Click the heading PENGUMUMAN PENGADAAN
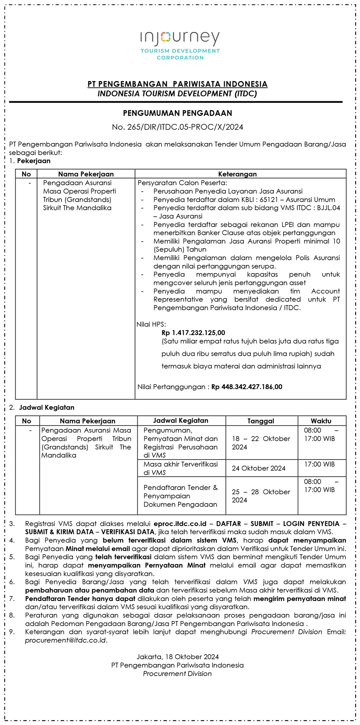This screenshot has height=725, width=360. click(178, 113)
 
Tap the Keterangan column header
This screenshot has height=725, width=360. click(237, 174)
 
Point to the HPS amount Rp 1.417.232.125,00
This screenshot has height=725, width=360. click(193, 333)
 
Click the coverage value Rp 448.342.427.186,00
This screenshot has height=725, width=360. click(246, 387)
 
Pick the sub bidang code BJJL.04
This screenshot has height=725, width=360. click(327, 208)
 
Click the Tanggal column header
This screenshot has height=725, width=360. click(261, 421)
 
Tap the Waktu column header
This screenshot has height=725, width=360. click(321, 421)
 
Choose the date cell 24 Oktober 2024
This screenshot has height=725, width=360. click(259, 468)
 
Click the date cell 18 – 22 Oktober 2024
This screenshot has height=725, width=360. click(261, 443)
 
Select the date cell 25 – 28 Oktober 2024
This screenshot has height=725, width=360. click(261, 496)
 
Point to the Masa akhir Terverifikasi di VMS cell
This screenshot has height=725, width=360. click(180, 468)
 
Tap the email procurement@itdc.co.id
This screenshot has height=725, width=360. click(66, 640)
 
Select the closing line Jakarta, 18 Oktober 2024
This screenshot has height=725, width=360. click(178, 657)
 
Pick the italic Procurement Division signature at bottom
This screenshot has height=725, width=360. click(177, 673)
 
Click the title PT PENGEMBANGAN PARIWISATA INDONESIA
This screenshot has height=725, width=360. click(178, 84)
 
